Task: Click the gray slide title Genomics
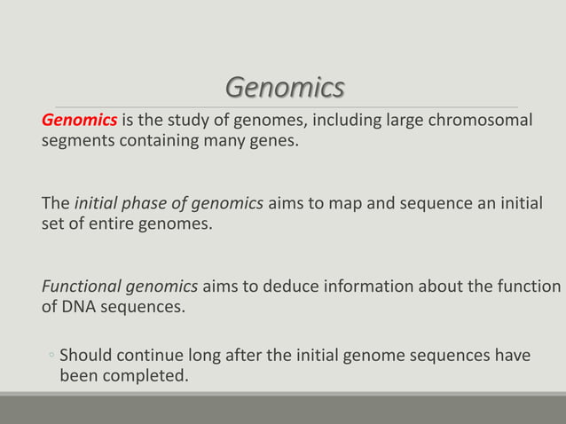click(x=284, y=89)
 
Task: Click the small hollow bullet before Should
click(x=51, y=357)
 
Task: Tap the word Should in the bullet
click(x=86, y=357)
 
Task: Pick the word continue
click(x=150, y=357)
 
